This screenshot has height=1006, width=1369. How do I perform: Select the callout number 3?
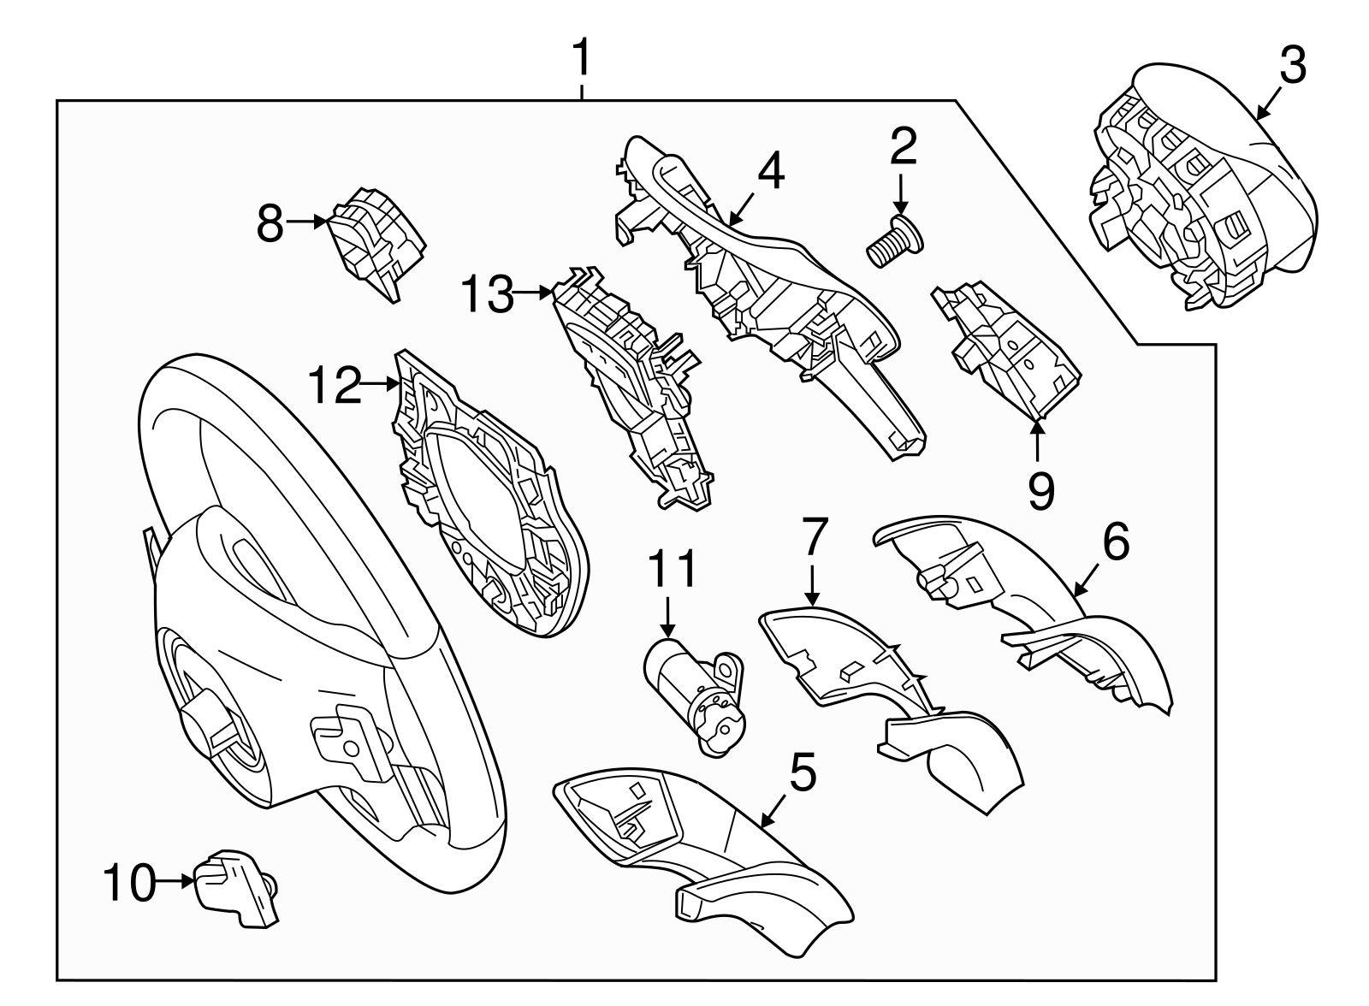pyautogui.click(x=1293, y=65)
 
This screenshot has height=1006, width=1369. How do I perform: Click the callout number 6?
pyautogui.click(x=1116, y=541)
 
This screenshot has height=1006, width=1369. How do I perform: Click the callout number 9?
pyautogui.click(x=1041, y=491)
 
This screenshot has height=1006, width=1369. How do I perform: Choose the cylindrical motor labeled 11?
pyautogui.click(x=694, y=696)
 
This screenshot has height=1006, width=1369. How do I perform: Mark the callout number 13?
pyautogui.click(x=487, y=294)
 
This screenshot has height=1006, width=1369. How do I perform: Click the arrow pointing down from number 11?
pyautogui.click(x=668, y=618)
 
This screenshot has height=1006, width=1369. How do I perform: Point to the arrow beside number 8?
pyautogui.click(x=307, y=222)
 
